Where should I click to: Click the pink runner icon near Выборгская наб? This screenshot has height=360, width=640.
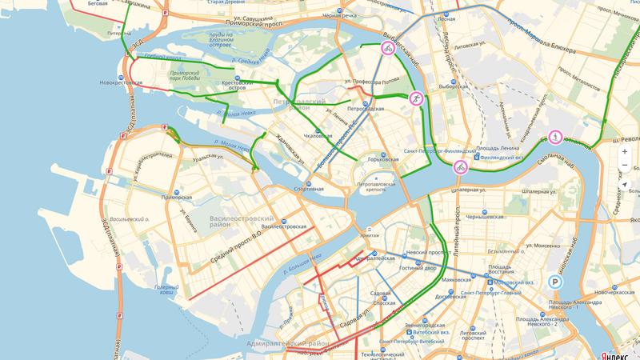tap(415, 99)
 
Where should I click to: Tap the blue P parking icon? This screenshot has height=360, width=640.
tap(555, 282)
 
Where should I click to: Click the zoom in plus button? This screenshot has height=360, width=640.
tap(624, 150)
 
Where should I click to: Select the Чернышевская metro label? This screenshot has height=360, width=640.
tap(484, 217)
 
